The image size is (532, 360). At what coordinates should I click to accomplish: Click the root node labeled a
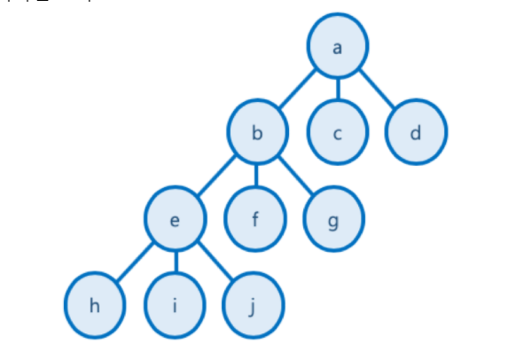pyautogui.click(x=338, y=47)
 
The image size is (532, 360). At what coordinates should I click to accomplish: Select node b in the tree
pyautogui.click(x=257, y=133)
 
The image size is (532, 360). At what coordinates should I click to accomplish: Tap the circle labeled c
pyautogui.click(x=338, y=133)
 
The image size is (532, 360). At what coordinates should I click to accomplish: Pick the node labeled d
pyautogui.click(x=416, y=133)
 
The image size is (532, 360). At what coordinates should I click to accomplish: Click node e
pyautogui.click(x=176, y=219)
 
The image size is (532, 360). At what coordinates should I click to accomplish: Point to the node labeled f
pyautogui.click(x=255, y=219)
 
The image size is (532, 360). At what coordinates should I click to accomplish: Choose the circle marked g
pyautogui.click(x=333, y=219)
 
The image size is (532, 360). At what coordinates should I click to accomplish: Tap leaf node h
pyautogui.click(x=95, y=306)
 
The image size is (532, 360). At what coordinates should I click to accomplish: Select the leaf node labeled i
pyautogui.click(x=176, y=306)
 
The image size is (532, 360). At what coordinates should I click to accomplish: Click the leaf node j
pyautogui.click(x=254, y=306)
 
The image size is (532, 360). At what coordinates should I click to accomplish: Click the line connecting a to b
pyautogui.click(x=297, y=90)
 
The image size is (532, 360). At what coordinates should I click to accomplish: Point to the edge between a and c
pyautogui.click(x=338, y=90)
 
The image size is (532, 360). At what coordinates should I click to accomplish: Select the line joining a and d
pyautogui.click(x=377, y=90)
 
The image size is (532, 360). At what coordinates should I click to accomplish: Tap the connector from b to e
pyautogui.click(x=216, y=176)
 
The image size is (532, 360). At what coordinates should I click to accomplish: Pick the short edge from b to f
pyautogui.click(x=256, y=176)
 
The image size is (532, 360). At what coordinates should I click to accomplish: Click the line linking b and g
pyautogui.click(x=294, y=176)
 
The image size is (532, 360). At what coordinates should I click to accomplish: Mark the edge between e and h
pyautogui.click(x=135, y=262)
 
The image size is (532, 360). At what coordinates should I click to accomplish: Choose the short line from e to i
pyautogui.click(x=176, y=262)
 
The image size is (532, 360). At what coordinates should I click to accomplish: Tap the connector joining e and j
pyautogui.click(x=215, y=262)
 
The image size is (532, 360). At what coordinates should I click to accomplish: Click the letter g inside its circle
pyautogui.click(x=333, y=221)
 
